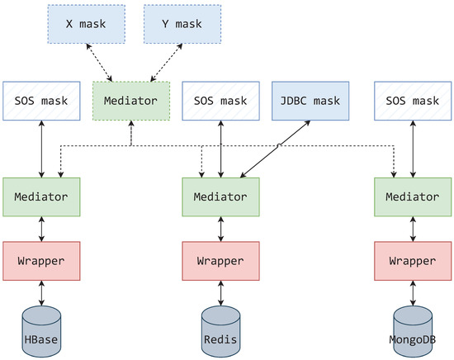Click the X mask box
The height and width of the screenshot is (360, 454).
point(84,23)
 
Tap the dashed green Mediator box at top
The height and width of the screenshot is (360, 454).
point(131,102)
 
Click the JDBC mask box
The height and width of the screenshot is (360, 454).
point(310,102)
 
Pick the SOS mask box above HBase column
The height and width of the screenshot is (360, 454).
point(40,102)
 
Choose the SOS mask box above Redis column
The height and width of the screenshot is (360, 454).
point(220,102)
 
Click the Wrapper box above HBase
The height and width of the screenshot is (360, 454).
point(40,260)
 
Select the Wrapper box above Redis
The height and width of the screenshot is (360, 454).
point(220,260)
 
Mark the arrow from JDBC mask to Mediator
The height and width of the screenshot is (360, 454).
point(277,149)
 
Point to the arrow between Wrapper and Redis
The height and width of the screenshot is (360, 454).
point(220,292)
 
